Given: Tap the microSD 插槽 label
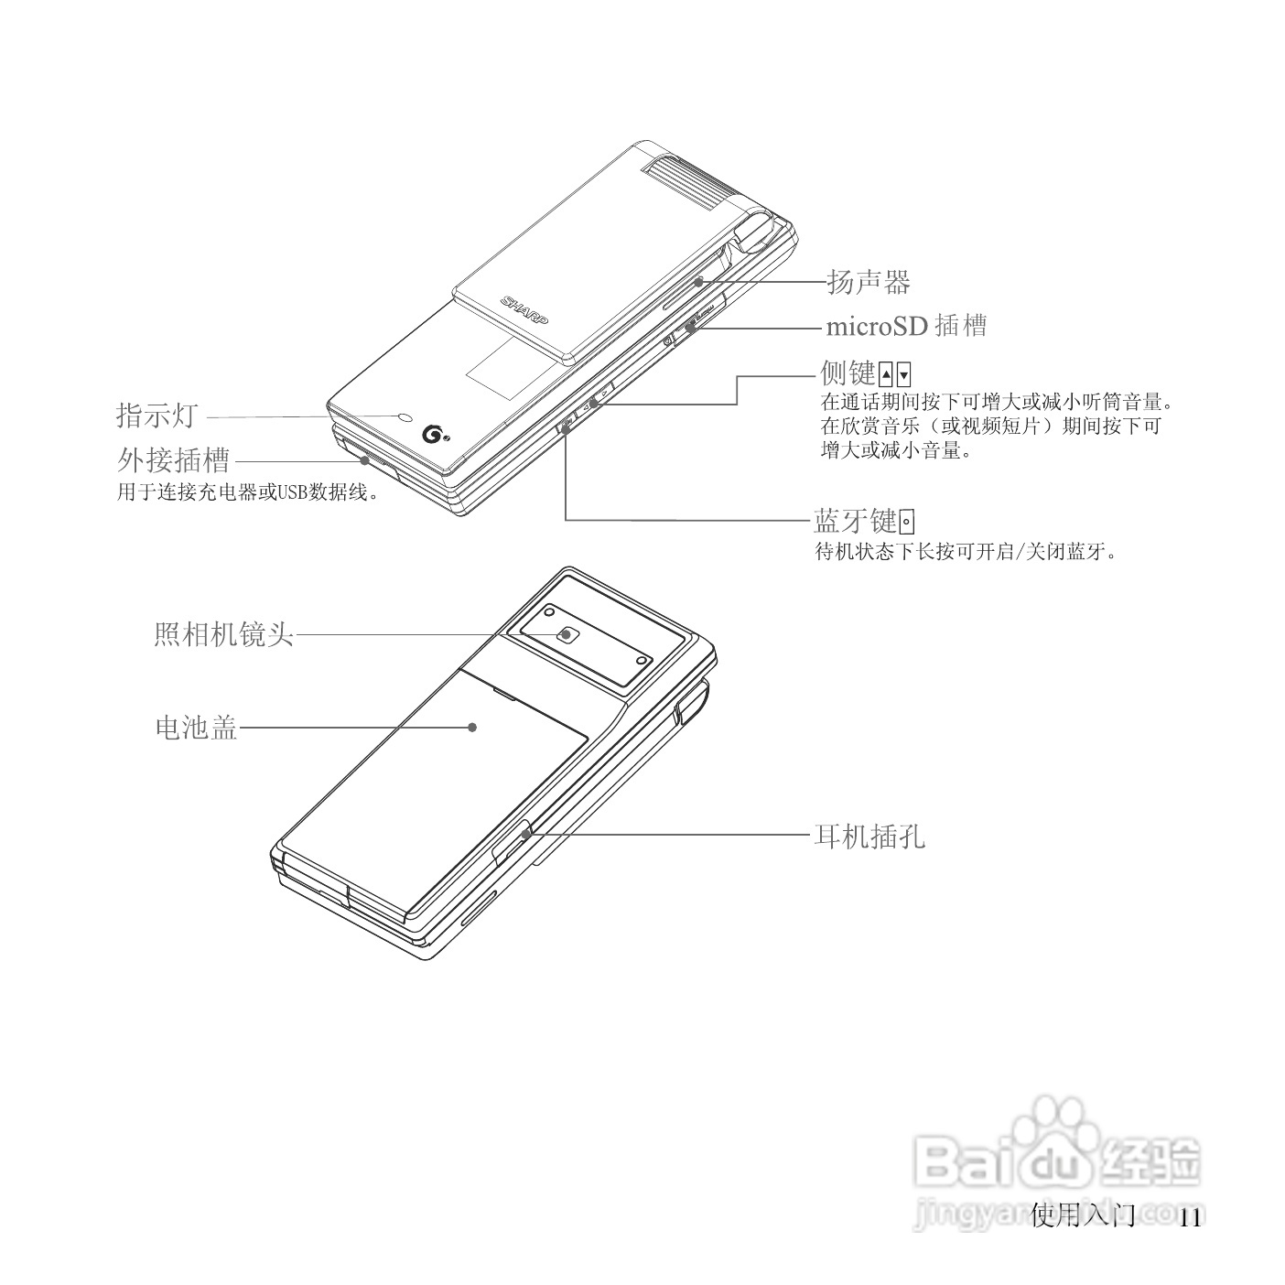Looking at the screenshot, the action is [906, 326].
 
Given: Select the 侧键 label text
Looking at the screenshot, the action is [848, 373].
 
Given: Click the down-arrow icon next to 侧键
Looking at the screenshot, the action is [904, 374].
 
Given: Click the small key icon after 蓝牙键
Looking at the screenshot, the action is [907, 523].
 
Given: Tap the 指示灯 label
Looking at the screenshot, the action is [157, 415].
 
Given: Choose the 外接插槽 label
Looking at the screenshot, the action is [173, 459].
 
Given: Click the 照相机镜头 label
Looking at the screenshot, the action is [223, 633].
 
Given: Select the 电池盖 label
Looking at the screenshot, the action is [196, 728].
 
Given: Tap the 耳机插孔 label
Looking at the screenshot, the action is [869, 836].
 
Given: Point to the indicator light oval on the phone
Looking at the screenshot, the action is [406, 417].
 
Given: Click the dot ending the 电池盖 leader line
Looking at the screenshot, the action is [472, 728].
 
